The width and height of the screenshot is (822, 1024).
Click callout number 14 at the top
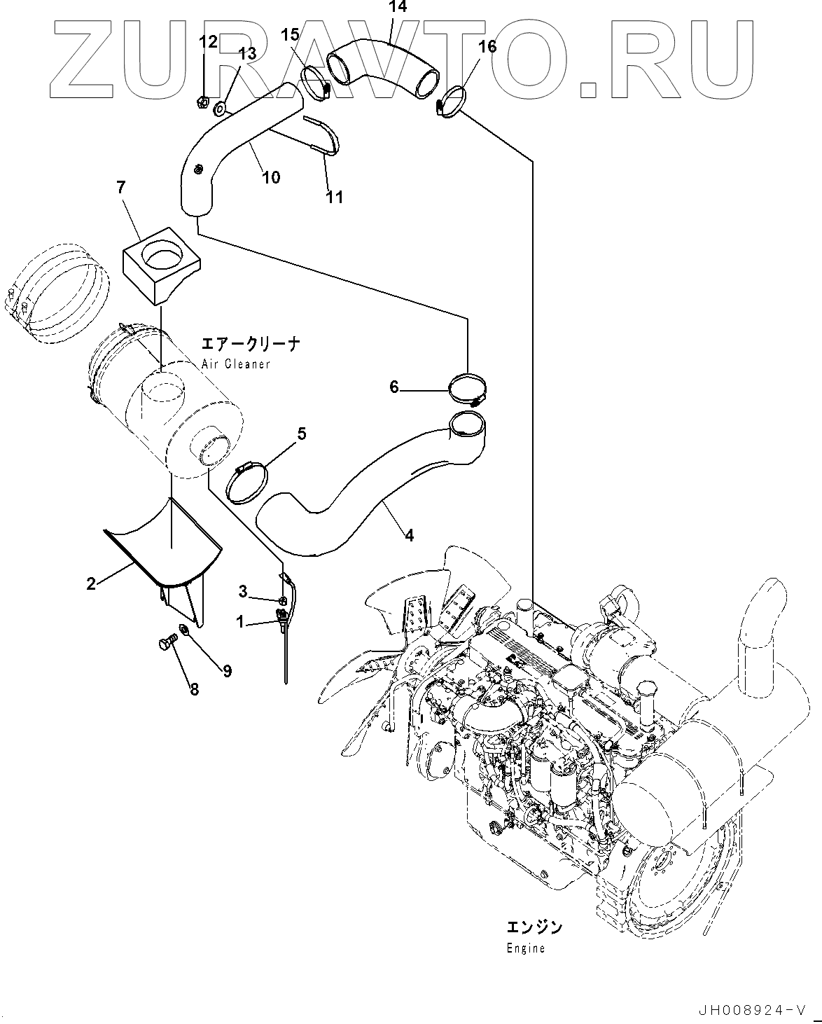pyautogui.click(x=397, y=8)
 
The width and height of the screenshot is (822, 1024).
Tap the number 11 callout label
pyautogui.click(x=335, y=198)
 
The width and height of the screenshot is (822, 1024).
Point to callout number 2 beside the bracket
pyautogui.click(x=91, y=583)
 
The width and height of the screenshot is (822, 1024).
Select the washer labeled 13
pyautogui.click(x=220, y=108)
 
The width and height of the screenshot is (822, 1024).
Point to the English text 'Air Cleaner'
pyautogui.click(x=235, y=364)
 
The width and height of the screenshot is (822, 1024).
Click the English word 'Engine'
pyautogui.click(x=525, y=949)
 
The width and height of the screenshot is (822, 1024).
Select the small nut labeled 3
pyautogui.click(x=281, y=600)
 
